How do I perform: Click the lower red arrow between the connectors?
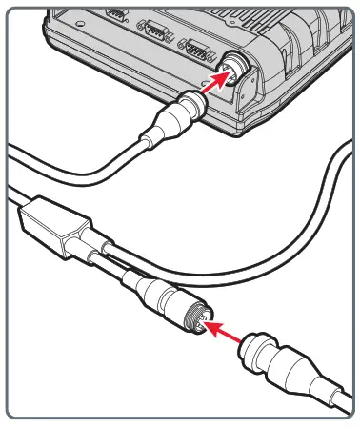(x=229, y=330)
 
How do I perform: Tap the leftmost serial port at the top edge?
(x=115, y=15)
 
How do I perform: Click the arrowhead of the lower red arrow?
(x=211, y=324)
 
